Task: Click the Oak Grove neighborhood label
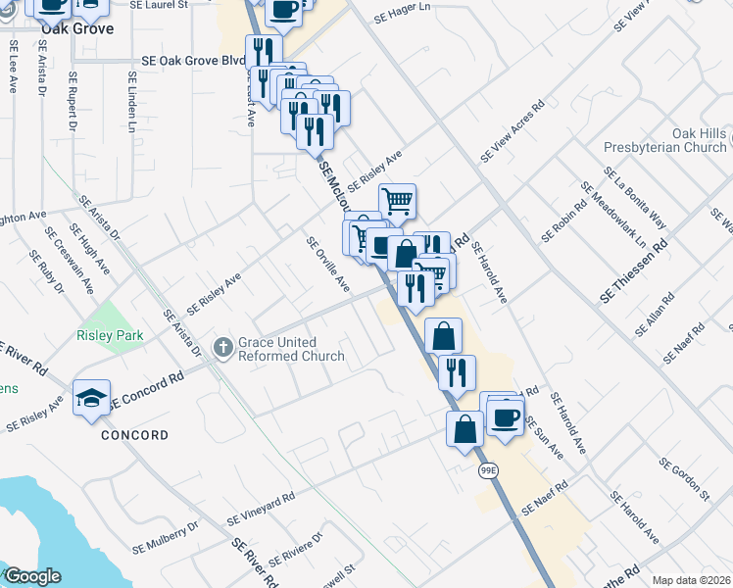click(76, 28)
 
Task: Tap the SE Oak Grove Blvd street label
click(193, 61)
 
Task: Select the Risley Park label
click(110, 336)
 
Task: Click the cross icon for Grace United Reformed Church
click(222, 347)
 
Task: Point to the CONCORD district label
click(133, 435)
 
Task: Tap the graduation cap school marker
click(91, 398)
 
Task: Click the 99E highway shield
click(489, 471)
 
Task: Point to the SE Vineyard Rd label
click(260, 507)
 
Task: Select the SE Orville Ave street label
click(327, 264)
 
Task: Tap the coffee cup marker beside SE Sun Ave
click(505, 417)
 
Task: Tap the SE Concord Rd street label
click(147, 389)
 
